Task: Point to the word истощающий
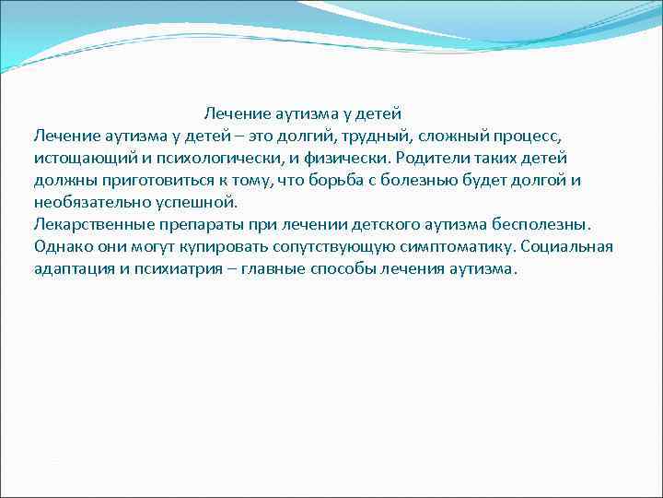point(78,159)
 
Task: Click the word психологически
point(198,159)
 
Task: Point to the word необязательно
point(87,203)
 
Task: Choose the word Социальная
point(568,247)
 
